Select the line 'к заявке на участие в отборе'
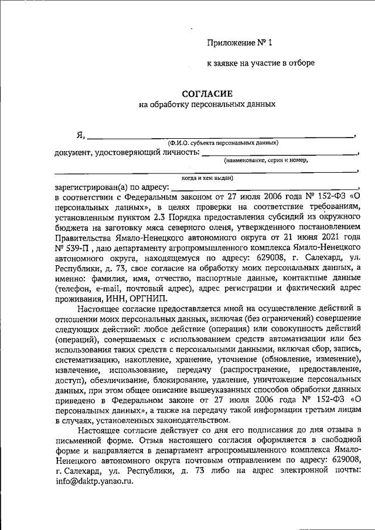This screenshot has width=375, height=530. pyautogui.click(x=261, y=63)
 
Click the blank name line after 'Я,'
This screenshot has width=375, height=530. pyautogui.click(x=220, y=136)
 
